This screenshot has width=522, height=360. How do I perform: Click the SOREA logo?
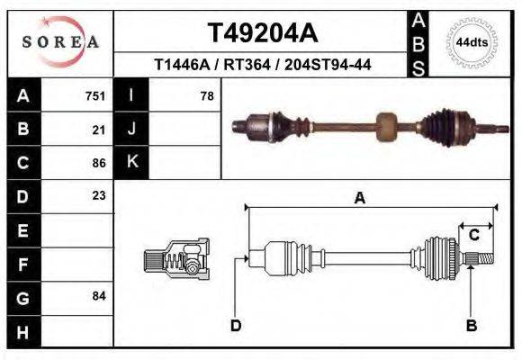coord(60,41)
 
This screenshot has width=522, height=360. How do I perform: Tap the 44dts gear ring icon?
coord(471,42)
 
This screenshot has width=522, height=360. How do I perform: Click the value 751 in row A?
coord(94,95)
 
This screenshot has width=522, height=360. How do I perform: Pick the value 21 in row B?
coord(99,130)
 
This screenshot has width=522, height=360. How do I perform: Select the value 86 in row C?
coord(99,164)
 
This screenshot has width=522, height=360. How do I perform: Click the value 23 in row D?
coord(99,195)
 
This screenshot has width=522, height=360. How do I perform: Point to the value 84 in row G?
coord(99,296)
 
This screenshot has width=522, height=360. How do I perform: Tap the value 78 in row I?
coord(206,95)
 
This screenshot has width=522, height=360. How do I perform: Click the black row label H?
coord(23,331)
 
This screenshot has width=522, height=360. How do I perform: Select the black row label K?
coord(131,163)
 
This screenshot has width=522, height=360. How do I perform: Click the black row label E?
coord(23,230)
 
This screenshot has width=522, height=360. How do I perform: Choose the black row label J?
coord(131,130)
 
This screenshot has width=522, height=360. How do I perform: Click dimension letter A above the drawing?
coord(360,199)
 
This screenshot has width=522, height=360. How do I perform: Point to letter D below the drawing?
coord(236,325)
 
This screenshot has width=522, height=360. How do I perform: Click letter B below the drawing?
coord(470,325)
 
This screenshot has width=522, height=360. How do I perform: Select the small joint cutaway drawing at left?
coord(176,259)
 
